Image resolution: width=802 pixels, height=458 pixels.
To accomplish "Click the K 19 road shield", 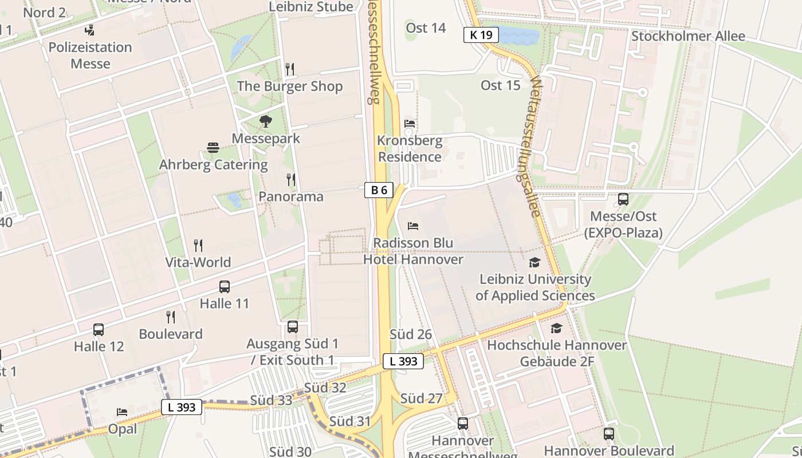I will click(481, 35).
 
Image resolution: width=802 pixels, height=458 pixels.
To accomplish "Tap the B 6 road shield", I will click(379, 190).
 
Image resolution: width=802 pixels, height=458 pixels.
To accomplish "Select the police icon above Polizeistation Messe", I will click(89, 30).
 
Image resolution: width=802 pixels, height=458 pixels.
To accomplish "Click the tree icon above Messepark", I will click(266, 121).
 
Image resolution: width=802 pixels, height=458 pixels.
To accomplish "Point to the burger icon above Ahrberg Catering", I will click(213, 148).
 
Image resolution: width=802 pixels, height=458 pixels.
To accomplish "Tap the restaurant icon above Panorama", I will click(290, 180).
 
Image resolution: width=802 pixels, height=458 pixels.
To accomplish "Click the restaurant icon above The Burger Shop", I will click(290, 69).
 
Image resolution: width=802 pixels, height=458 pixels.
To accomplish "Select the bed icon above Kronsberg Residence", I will click(410, 123).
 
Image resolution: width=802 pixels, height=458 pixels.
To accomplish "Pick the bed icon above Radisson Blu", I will click(413, 226).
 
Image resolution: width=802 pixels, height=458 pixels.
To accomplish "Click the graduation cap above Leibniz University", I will click(534, 262).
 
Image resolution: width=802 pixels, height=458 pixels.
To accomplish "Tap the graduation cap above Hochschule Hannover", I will click(556, 329).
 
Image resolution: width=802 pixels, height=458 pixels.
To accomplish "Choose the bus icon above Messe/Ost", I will click(623, 199).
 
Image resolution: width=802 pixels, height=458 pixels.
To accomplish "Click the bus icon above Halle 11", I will click(225, 287).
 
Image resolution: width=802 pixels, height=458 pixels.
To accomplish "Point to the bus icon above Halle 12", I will click(99, 330).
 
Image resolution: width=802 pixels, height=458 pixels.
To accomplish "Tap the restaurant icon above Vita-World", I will click(198, 246).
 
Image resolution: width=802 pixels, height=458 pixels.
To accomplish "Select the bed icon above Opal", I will click(122, 412).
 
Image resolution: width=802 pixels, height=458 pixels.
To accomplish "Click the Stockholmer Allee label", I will click(688, 36).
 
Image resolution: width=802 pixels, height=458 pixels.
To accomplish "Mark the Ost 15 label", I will click(500, 85).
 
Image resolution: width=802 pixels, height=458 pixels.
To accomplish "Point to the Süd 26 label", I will click(411, 334).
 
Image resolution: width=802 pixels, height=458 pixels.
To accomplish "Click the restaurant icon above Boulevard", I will click(170, 317).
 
